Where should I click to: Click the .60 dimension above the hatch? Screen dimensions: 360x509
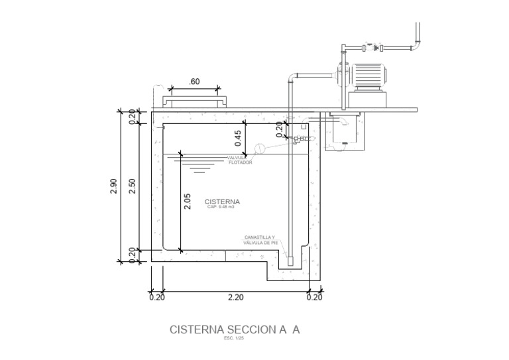coord(194,82)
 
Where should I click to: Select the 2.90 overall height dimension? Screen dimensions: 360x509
coord(113,186)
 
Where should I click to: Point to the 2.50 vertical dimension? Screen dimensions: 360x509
coord(132,186)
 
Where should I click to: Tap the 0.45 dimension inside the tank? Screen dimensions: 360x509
coord(238,138)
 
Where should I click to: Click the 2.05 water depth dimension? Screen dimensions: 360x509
coord(188,202)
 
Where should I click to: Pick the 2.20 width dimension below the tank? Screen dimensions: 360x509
coord(235,298)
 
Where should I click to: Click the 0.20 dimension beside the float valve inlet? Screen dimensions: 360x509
coord(279,129)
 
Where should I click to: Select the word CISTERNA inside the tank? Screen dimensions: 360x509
coord(222,202)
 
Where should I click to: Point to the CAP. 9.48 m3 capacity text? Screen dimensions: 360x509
coord(221,208)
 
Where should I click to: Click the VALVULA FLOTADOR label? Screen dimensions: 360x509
coord(240,160)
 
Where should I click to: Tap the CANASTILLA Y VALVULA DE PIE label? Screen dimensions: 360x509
coord(260,240)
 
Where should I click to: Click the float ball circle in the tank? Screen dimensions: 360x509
coord(260,149)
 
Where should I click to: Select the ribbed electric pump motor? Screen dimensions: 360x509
coord(368,75)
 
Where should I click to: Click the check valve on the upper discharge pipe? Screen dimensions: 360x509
coord(378,48)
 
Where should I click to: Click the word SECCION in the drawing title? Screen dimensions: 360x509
coord(252,330)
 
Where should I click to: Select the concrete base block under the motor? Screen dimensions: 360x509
coord(367,99)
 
